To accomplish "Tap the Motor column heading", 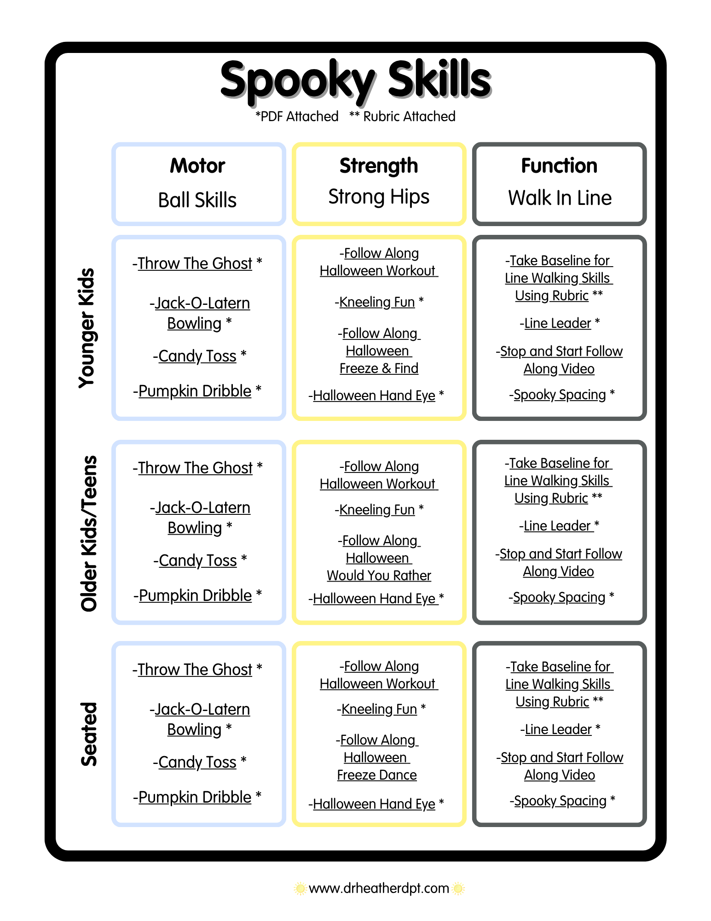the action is (x=197, y=166).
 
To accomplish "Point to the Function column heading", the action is (x=559, y=166).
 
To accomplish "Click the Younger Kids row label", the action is (x=87, y=327).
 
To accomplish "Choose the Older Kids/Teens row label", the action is (x=88, y=533).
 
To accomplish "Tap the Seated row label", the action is (x=88, y=734).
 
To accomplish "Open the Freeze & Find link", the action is (x=379, y=368).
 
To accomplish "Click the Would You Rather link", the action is (x=379, y=576).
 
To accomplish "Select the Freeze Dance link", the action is (x=377, y=775).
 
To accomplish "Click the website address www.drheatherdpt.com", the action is (x=379, y=888).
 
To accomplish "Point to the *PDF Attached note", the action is (x=297, y=117).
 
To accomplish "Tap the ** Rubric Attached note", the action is (x=402, y=117).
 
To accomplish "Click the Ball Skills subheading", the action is (x=197, y=200).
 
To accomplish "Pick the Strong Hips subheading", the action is (x=379, y=197).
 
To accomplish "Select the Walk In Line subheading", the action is (x=560, y=198).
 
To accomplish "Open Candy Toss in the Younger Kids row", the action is (x=197, y=356).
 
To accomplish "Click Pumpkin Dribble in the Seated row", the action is (x=195, y=797).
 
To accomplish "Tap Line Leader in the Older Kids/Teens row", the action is (x=557, y=526).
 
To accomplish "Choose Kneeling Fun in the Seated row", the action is (x=379, y=709).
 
